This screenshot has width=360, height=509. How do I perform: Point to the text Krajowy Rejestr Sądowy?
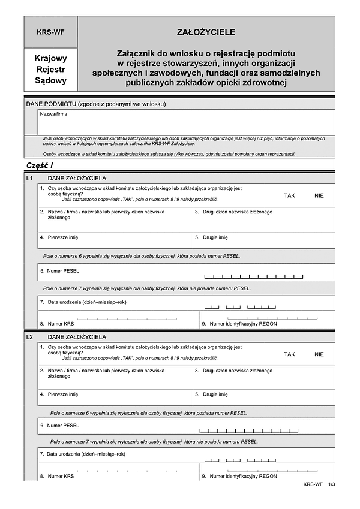(50, 70)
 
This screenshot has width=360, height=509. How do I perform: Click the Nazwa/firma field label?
(49, 113)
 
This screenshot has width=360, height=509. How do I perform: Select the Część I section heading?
(40, 165)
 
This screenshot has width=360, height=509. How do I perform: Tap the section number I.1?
(29, 179)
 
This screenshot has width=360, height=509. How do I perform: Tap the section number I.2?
(29, 338)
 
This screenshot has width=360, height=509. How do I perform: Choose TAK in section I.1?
(290, 195)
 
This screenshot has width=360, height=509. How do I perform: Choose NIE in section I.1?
(319, 195)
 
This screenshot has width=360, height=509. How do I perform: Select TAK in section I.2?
(290, 354)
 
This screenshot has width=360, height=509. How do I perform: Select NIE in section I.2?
(319, 354)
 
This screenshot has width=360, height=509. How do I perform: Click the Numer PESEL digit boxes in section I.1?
(254, 276)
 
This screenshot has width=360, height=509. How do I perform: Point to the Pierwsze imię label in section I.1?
(59, 237)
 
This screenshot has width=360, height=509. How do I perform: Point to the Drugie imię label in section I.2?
(215, 394)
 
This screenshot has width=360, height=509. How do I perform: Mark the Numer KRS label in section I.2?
(60, 476)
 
